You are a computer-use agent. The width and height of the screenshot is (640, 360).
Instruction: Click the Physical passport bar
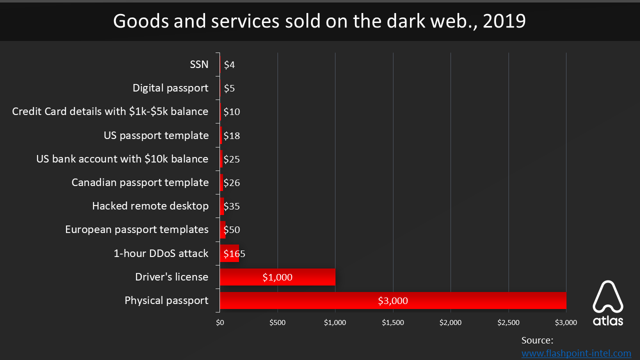[392, 300]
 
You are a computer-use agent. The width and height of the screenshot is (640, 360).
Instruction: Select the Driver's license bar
[277, 277]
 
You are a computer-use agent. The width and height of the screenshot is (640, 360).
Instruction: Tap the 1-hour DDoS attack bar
[229, 253]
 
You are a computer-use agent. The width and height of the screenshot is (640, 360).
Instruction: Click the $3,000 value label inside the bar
[393, 300]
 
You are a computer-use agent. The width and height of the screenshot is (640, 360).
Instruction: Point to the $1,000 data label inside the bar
[277, 277]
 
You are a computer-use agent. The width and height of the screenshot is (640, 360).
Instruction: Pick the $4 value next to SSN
[229, 64]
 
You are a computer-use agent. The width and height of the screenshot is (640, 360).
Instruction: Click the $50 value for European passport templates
[232, 230]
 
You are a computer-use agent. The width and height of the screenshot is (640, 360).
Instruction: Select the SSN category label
[199, 64]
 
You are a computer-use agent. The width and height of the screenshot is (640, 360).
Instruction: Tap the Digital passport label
[170, 88]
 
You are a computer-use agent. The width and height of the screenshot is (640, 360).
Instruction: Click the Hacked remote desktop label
[150, 206]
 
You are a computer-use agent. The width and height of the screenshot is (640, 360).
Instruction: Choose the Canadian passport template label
[140, 182]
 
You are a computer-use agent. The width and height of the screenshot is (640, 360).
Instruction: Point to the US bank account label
[122, 159]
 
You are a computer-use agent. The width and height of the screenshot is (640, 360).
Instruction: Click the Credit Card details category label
[110, 111]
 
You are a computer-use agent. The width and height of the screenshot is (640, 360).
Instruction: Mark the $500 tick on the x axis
[277, 323]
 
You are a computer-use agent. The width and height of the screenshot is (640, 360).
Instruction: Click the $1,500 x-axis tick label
[393, 323]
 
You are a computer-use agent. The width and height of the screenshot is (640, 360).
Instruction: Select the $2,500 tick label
[508, 323]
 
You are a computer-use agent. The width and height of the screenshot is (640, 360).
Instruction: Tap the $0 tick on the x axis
[220, 323]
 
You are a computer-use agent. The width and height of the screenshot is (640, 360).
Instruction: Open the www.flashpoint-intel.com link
[576, 353]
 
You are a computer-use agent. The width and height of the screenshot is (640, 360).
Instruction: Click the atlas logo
[608, 303]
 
